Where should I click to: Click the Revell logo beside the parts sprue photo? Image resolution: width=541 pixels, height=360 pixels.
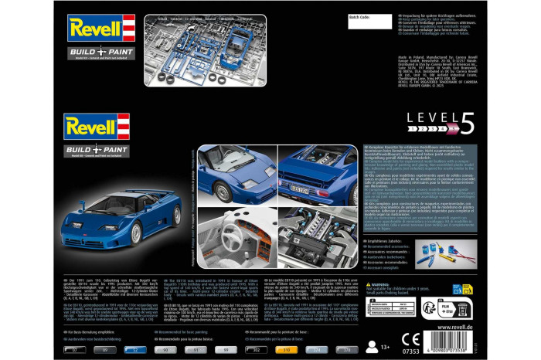(x=100, y=28)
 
